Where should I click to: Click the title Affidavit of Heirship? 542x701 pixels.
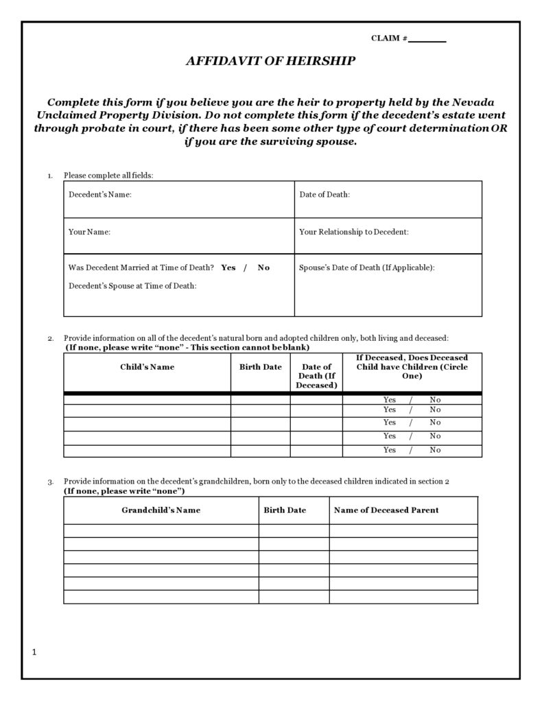click(x=270, y=61)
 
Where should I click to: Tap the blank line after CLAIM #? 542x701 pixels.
click(x=427, y=40)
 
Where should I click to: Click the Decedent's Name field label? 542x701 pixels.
click(x=100, y=195)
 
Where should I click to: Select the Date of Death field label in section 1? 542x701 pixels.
click(x=325, y=195)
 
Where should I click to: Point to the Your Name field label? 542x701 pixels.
click(x=89, y=232)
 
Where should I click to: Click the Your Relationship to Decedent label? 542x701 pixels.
click(x=354, y=232)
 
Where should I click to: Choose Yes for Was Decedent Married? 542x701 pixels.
click(x=228, y=268)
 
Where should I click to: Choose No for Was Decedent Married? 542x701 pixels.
click(x=263, y=268)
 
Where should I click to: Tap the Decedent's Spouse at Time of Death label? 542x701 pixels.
click(x=132, y=285)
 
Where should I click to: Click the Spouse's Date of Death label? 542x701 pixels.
click(x=366, y=268)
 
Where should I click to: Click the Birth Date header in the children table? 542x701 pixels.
click(x=260, y=367)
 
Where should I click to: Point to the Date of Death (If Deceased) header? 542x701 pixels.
click(x=316, y=376)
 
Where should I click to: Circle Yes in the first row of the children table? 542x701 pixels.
click(x=390, y=399)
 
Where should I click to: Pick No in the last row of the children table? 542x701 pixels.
click(x=435, y=450)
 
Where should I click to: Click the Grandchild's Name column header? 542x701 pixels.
click(x=161, y=510)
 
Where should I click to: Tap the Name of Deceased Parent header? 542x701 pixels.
click(x=386, y=510)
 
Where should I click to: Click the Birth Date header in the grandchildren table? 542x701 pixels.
click(x=285, y=510)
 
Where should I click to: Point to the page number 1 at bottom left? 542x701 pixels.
click(x=34, y=652)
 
